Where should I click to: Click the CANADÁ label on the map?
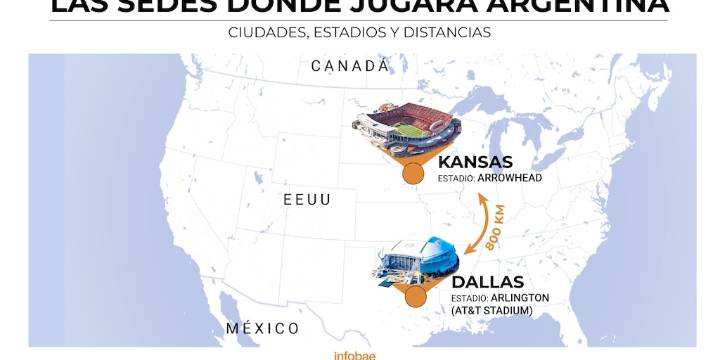click(x=349, y=66)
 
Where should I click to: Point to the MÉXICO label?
click(x=262, y=328)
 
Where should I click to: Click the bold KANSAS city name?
click(x=475, y=162)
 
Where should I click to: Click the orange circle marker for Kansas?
click(x=411, y=175)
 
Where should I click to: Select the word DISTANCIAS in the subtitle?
click(x=450, y=32)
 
